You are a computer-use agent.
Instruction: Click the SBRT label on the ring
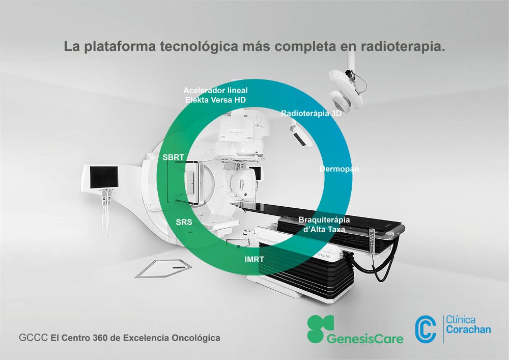(173, 157)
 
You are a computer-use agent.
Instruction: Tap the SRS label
(184, 223)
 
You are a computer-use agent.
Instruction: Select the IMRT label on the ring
(254, 259)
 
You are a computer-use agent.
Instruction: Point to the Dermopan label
(339, 169)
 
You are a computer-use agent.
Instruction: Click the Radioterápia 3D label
(311, 113)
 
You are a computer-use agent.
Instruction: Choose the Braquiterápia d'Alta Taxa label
(324, 225)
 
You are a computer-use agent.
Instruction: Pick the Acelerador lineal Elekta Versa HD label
(215, 95)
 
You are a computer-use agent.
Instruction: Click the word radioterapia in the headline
(403, 46)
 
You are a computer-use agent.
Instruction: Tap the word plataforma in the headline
(119, 46)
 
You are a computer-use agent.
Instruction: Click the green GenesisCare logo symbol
(320, 328)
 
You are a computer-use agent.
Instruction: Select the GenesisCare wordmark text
(365, 339)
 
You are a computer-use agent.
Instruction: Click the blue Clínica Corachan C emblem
(425, 330)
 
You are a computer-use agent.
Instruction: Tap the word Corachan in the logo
(468, 329)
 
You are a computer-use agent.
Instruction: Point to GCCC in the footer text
(33, 338)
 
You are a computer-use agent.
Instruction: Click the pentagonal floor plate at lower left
(163, 268)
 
